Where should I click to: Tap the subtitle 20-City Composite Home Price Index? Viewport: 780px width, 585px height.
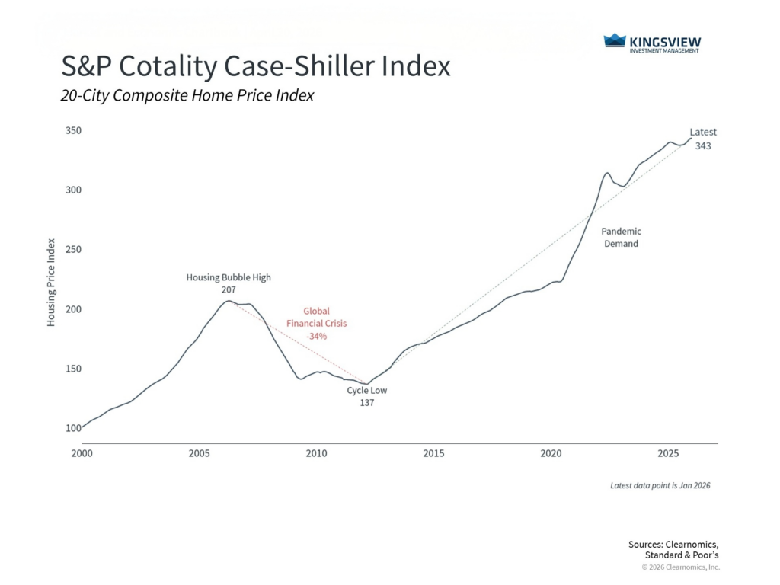coord(187,96)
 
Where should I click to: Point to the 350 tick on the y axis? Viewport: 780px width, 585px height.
coord(72,131)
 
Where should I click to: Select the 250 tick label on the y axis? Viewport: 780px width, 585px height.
coord(72,250)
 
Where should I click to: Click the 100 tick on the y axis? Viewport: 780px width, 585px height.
coord(72,428)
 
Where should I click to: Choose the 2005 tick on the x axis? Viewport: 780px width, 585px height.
coord(199,453)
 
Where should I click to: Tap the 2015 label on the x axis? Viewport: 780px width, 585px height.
coord(433,453)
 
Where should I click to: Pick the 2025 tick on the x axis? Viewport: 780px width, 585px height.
coord(668,453)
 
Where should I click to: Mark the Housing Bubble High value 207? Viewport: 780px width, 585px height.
coord(229,290)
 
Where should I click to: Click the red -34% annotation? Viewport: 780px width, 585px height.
coord(316,336)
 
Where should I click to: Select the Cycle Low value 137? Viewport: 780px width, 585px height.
coord(367,403)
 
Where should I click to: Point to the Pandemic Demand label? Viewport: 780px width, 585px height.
coord(621,237)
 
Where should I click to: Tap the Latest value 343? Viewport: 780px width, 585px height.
coord(703,145)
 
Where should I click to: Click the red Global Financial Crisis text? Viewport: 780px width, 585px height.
coord(316,317)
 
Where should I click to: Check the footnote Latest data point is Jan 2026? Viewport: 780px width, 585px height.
coord(660,485)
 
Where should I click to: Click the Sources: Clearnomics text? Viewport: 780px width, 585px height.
coord(673,544)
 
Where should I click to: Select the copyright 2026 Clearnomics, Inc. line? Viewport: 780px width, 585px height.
coord(679,567)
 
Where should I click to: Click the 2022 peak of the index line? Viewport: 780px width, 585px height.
coord(607,173)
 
